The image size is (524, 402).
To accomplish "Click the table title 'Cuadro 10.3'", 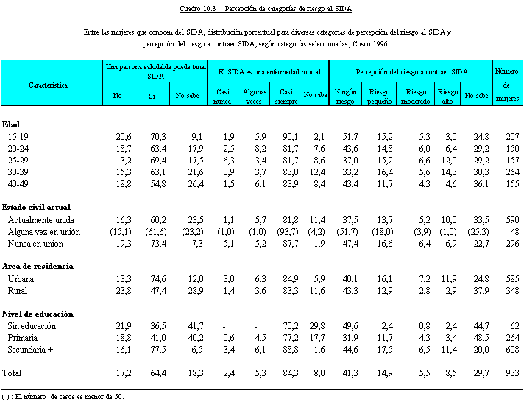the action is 198,9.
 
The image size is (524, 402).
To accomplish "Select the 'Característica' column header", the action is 48,85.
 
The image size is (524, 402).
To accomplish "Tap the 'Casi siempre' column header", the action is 286,96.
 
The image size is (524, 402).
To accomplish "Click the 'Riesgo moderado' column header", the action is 415,96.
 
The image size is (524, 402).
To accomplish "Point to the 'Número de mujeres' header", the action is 507,85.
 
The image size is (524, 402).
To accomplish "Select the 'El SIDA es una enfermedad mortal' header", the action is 269,72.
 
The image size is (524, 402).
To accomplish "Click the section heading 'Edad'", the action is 11,124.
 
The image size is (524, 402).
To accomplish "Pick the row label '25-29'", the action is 18,161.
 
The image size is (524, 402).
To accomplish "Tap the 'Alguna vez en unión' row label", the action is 43,232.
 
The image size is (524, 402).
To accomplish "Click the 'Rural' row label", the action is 18,290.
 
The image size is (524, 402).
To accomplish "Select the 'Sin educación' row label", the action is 32,325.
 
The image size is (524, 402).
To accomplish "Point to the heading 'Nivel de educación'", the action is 38,314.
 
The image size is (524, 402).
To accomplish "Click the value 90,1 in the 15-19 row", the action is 290,136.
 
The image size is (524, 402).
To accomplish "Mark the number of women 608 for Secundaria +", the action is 512,350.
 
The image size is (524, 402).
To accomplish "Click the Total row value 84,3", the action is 290,373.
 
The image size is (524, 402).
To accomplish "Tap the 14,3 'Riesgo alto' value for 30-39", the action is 449,172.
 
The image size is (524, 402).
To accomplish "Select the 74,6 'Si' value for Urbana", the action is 158,278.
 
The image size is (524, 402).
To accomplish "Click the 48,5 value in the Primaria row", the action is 481,338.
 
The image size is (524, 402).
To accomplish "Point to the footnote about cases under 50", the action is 63,397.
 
